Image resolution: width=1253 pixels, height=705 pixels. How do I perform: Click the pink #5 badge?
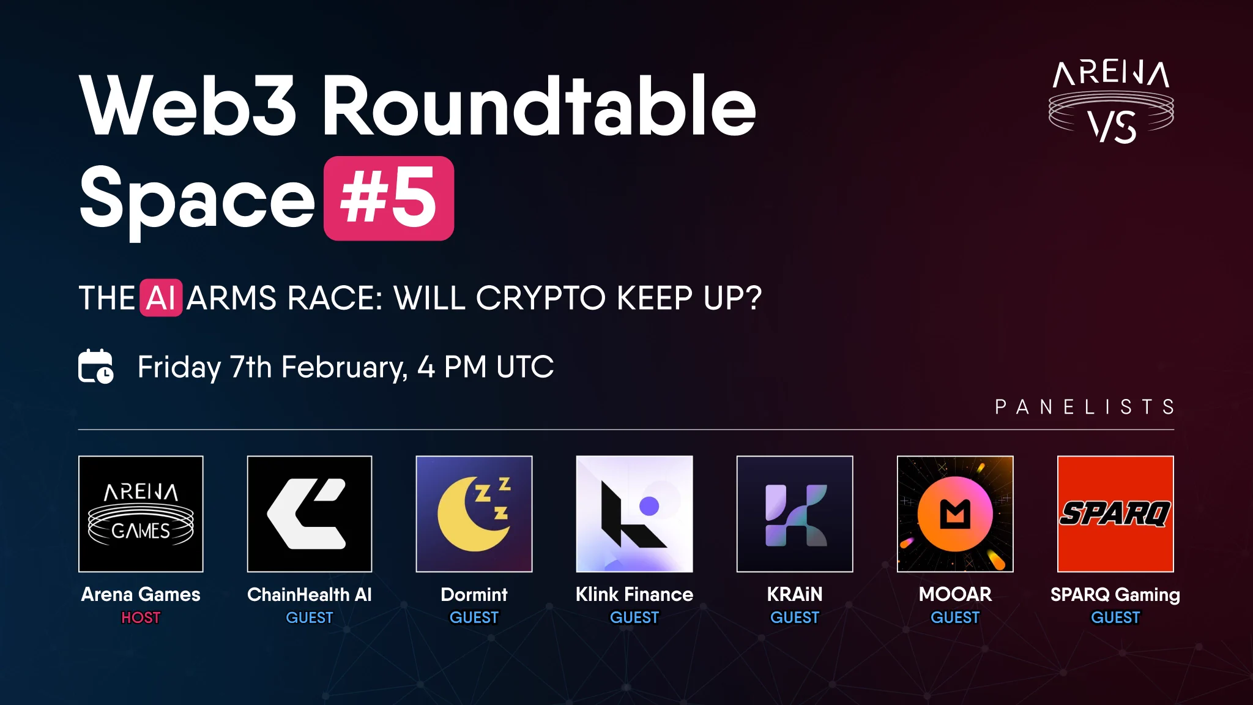[389, 198]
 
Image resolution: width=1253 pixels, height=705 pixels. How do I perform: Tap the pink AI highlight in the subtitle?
[161, 298]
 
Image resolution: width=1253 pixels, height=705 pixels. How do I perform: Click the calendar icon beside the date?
[96, 366]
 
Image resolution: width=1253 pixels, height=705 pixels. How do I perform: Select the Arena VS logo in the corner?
[1111, 102]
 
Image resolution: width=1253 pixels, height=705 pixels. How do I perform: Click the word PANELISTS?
[1085, 407]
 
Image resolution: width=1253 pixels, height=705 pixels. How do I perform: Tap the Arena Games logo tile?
[141, 514]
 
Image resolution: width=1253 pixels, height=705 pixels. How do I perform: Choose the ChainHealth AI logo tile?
[310, 514]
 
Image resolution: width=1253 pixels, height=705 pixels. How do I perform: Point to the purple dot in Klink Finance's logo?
[649, 506]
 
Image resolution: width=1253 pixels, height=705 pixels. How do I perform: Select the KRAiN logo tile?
[795, 514]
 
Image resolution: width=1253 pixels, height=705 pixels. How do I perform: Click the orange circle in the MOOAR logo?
[955, 514]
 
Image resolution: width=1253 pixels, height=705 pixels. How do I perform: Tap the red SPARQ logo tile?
[1115, 514]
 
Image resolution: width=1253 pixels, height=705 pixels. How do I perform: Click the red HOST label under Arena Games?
[141, 617]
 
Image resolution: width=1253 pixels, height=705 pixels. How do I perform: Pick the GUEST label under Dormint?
[474, 617]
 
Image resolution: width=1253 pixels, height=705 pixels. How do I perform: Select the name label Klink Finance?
[634, 594]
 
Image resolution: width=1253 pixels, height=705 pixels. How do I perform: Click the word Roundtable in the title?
[539, 105]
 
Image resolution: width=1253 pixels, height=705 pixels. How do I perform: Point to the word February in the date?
[344, 367]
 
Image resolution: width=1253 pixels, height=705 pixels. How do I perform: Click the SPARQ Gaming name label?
[1115, 595]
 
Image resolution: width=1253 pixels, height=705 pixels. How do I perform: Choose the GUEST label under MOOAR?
[955, 617]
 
